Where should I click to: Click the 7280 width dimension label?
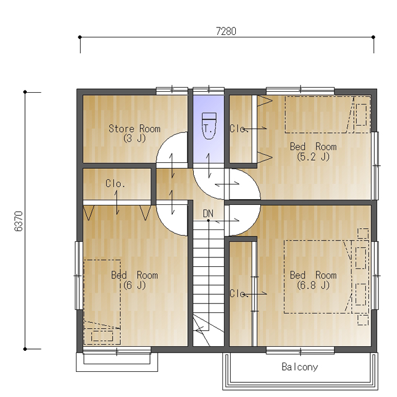[226, 31]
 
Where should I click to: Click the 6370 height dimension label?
[19, 221]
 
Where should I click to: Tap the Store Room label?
[134, 128]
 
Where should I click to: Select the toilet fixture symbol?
[209, 126]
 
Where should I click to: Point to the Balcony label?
[300, 367]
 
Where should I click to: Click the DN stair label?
[208, 214]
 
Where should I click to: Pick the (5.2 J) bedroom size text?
[314, 157]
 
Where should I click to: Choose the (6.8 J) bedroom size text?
[314, 285]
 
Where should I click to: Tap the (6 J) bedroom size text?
[134, 285]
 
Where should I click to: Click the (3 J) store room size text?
[134, 138]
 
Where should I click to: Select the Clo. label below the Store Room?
[115, 183]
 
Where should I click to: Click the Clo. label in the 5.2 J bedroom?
[238, 128]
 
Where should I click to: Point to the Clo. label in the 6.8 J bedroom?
[238, 294]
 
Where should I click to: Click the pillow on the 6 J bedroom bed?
[102, 336]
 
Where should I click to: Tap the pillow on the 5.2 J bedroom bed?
[361, 114]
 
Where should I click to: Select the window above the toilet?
[208, 90]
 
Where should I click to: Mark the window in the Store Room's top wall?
[172, 90]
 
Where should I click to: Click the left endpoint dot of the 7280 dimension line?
[80, 37]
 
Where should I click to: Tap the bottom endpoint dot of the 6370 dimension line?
[25, 349]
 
